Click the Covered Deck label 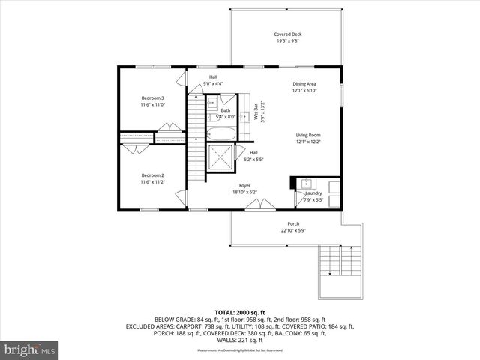point(288,34)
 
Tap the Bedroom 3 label point(152,98)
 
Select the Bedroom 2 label point(152,175)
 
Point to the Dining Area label point(304,84)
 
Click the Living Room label point(307,135)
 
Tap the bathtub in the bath point(220,134)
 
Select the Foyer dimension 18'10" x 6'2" point(244,193)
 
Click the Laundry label point(313,193)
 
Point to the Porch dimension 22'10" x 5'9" point(293,231)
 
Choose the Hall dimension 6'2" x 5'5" point(253,159)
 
